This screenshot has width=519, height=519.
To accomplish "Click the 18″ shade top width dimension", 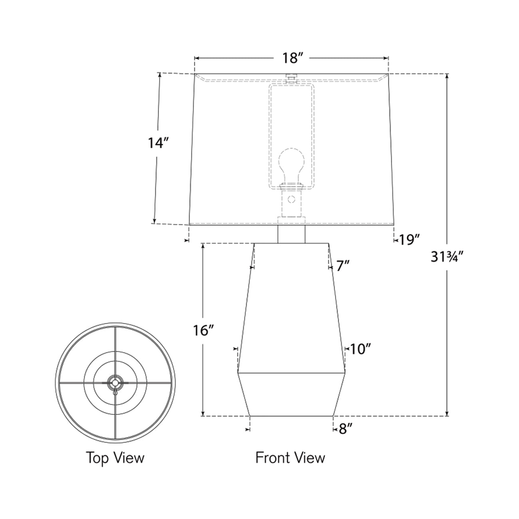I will (291, 58).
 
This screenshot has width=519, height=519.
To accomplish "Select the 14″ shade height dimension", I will (156, 143).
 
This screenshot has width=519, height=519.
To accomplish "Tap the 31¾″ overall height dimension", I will (447, 257).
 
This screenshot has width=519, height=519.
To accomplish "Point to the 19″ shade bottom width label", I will (409, 240).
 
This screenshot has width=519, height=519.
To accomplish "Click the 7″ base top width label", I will (343, 266).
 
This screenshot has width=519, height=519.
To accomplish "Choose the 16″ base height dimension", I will (204, 331).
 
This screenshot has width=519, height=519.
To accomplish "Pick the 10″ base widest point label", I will (361, 349).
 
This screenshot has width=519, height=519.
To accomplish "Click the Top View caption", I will (115, 458).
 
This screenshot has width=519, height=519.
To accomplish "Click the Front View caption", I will (290, 458).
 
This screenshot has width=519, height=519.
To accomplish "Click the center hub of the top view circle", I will (115, 382).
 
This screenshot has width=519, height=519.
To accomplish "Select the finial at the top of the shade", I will (291, 76).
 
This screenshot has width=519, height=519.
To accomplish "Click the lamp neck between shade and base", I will (291, 234).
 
